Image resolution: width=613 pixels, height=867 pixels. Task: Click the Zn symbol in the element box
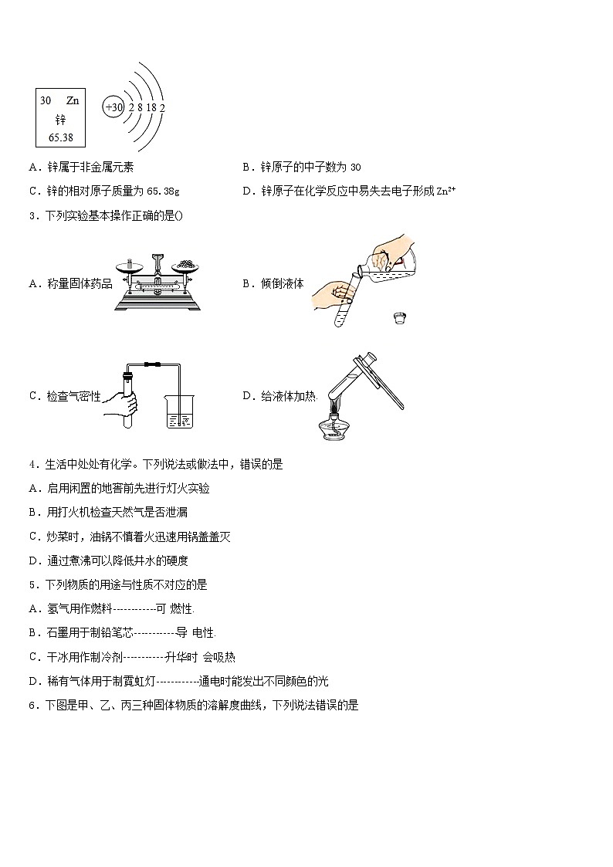(73, 101)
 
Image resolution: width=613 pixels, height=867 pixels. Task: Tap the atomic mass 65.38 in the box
(60, 137)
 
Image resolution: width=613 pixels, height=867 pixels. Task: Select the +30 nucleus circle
(113, 107)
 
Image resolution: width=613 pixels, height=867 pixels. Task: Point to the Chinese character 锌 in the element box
(60, 120)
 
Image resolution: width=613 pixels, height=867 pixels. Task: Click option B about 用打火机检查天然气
(109, 512)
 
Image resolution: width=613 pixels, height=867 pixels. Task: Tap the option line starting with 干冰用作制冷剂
(132, 657)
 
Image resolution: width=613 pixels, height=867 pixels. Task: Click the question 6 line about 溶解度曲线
(194, 705)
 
